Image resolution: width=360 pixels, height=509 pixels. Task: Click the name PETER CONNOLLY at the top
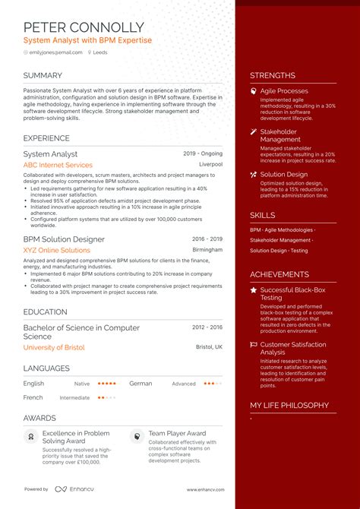pos(83,27)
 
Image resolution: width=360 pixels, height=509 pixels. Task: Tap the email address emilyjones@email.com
pos(55,52)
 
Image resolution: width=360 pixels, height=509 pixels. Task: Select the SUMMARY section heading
pos(43,75)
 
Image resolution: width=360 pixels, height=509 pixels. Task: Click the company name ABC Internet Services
pos(58,165)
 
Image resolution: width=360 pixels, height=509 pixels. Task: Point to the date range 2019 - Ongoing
pos(203,153)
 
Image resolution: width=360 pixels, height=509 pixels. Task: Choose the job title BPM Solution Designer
pos(64,239)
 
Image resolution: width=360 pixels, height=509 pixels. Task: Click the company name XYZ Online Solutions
pos(56,250)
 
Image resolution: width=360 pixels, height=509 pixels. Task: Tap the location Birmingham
pos(208,249)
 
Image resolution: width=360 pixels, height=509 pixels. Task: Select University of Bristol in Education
pos(54,347)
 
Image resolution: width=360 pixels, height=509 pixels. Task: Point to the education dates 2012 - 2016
pos(207,327)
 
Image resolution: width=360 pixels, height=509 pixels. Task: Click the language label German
pos(141,384)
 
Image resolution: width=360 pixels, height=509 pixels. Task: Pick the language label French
pos(33,397)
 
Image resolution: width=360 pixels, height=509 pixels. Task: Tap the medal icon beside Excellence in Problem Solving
pos(31,437)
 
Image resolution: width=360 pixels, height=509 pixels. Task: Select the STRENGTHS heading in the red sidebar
pos(273,75)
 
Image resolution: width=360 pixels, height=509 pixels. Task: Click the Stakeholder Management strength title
pos(280,135)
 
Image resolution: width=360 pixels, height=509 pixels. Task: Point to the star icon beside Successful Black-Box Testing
pos(254,290)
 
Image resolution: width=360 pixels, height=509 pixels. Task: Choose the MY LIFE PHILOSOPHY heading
pos(289,406)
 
